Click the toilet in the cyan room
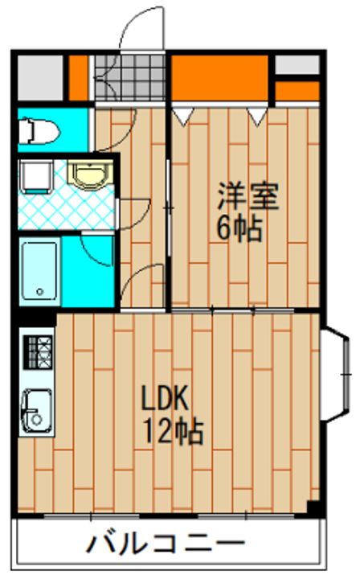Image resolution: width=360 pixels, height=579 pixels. point(39,130)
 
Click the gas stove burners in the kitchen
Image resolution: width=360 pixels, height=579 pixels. point(38,352)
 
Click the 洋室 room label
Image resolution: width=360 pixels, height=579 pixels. point(247,196)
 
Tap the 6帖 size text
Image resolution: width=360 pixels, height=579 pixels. point(239,228)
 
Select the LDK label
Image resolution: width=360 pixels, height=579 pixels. point(166,398)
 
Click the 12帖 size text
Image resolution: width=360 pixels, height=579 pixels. point(173,430)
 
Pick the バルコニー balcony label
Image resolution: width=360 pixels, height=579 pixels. point(166,543)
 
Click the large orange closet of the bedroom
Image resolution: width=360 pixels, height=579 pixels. point(220,77)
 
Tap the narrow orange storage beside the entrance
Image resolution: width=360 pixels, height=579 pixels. point(79,77)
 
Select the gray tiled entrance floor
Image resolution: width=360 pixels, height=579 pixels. point(130,77)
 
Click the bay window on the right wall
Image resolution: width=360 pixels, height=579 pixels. point(334,374)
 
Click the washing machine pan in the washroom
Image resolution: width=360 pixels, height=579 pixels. point(35,177)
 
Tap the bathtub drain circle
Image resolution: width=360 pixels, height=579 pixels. point(40,292)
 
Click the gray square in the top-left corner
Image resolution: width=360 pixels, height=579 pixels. point(40,77)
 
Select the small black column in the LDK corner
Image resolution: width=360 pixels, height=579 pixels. point(313,507)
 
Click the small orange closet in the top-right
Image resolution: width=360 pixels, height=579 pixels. point(297,91)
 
